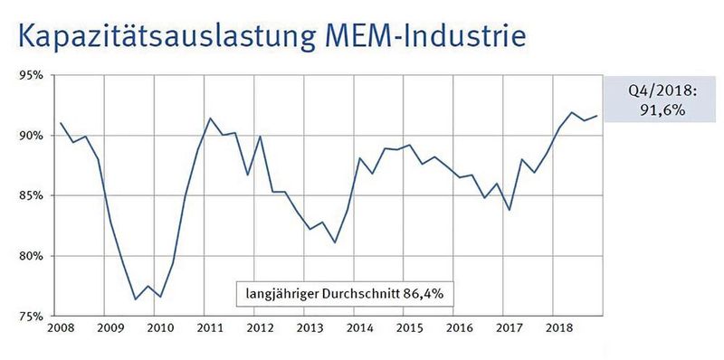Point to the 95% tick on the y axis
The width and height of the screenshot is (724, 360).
(33, 75)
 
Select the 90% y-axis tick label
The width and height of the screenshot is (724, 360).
(33, 136)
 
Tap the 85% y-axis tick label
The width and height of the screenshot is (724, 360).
(33, 195)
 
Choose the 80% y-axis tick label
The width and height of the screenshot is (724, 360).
(33, 256)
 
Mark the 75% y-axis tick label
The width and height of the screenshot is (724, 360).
(33, 317)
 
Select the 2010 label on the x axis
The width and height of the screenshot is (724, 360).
(159, 328)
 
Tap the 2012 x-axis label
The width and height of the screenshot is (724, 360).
(260, 328)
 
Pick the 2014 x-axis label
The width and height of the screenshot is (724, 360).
(360, 328)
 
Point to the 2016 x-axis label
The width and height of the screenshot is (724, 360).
(461, 328)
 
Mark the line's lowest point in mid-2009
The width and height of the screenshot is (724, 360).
(135, 299)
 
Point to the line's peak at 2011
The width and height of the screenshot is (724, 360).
(210, 118)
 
